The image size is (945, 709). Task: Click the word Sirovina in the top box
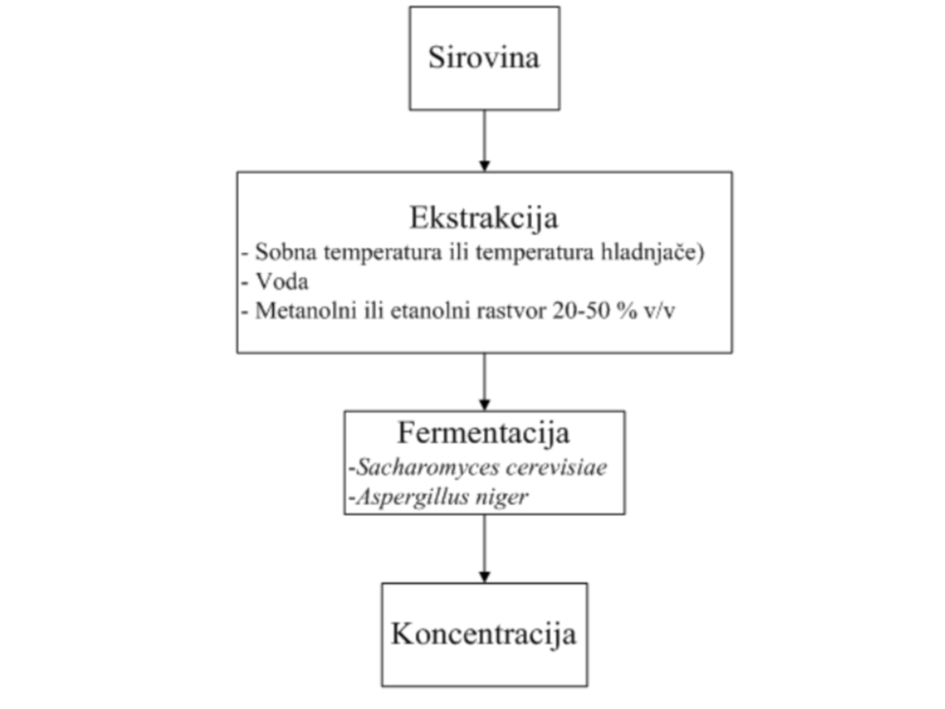(x=484, y=57)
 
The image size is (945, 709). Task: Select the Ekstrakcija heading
(x=484, y=218)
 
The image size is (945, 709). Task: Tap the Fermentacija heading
(x=483, y=433)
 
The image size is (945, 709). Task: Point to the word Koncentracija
(x=483, y=634)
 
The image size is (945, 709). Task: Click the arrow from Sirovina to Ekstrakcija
(x=484, y=141)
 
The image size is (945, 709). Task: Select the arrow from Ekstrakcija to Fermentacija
(x=484, y=382)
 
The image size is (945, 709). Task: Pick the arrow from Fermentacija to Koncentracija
(x=484, y=549)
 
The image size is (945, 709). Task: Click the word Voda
(x=282, y=282)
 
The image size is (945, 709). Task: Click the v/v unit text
(x=659, y=311)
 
